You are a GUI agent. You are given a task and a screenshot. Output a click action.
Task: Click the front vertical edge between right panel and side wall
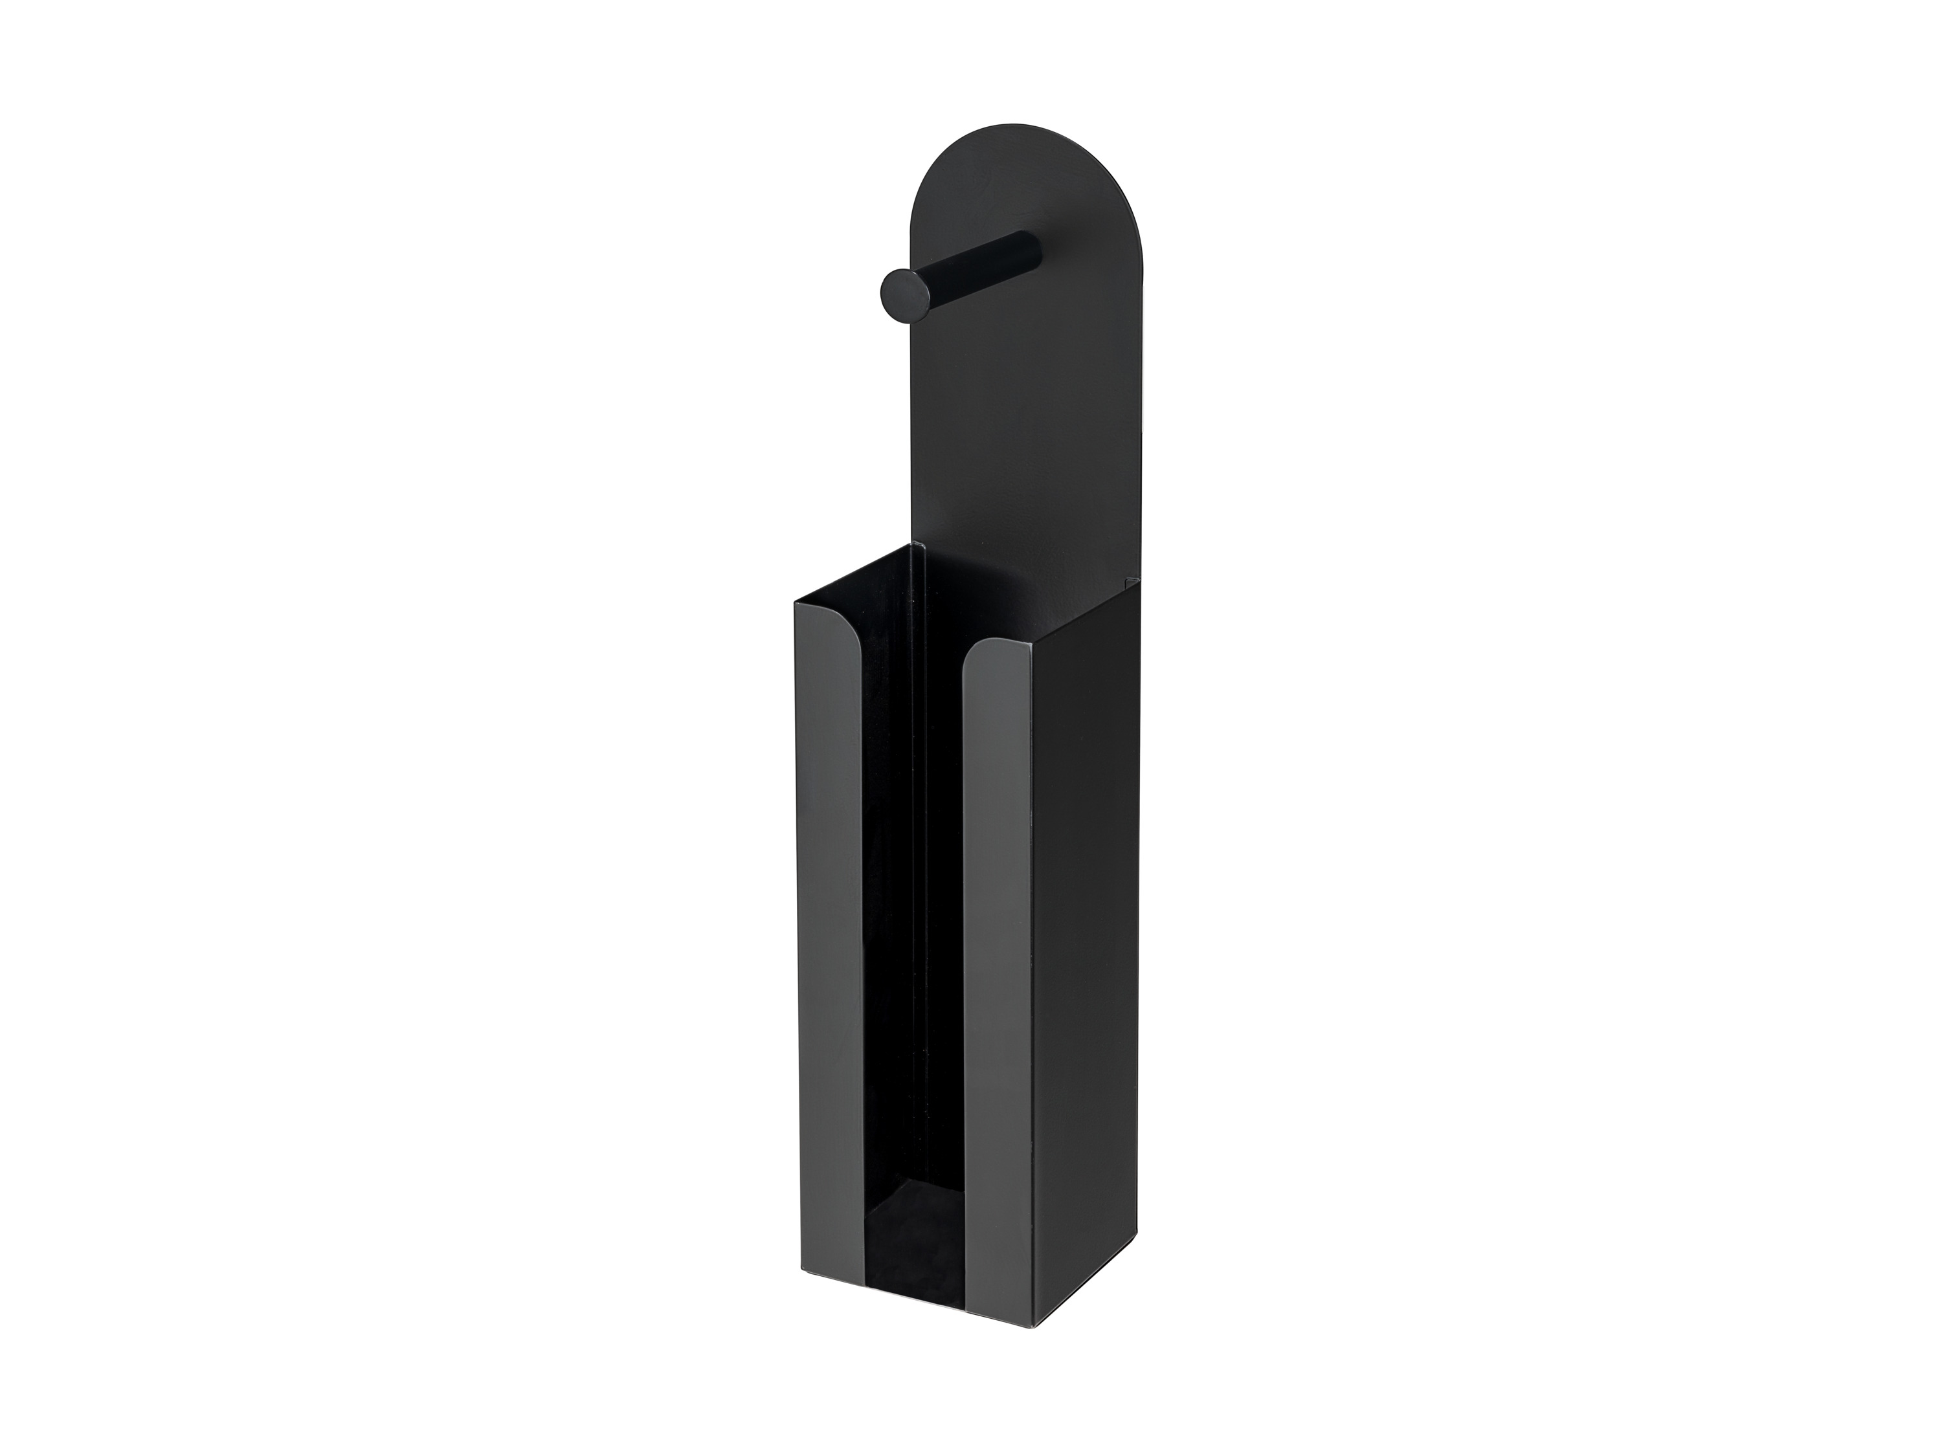point(1032,965)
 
